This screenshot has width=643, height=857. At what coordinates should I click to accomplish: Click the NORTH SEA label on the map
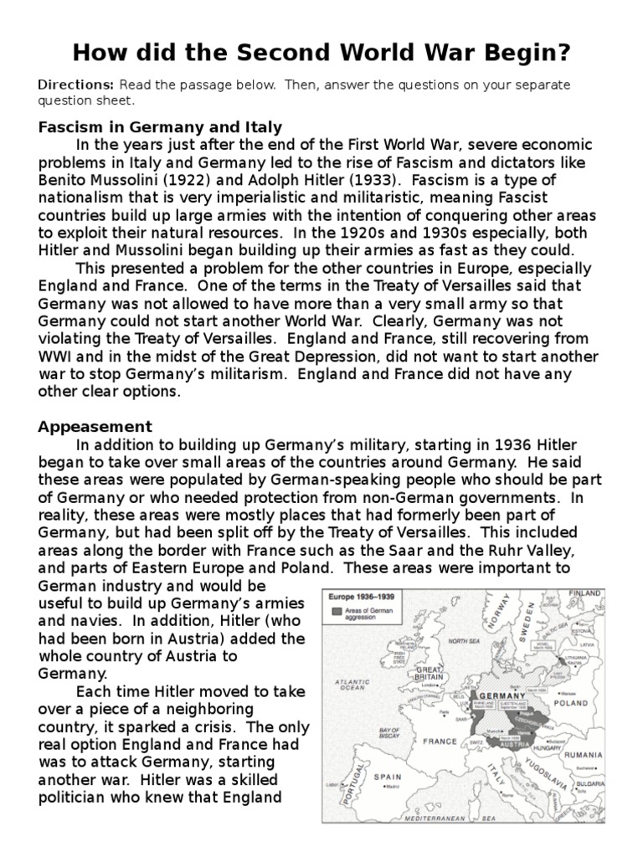[x=464, y=642]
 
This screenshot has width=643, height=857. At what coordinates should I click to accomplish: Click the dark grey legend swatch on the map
[x=337, y=613]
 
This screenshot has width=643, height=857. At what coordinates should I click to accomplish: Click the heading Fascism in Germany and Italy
[x=160, y=127]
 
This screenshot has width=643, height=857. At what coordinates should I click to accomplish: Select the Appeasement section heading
[x=95, y=427]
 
